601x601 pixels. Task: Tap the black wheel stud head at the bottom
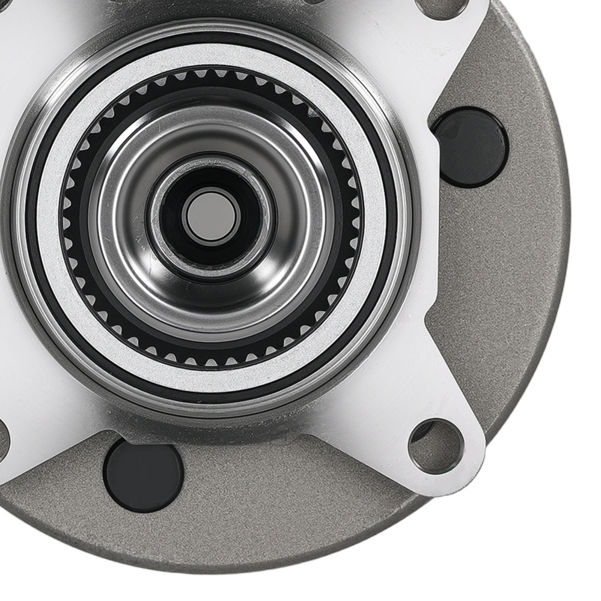143,475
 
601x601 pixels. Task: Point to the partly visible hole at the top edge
442,7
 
